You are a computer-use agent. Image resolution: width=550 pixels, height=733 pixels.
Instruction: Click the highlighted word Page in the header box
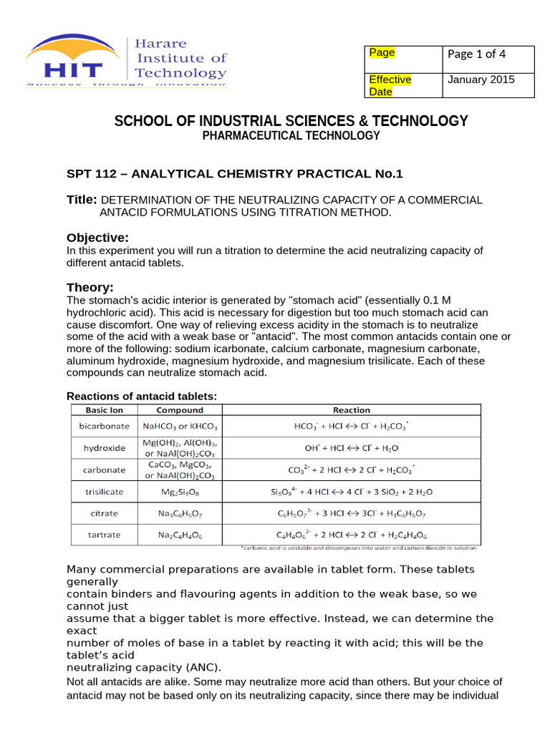382,53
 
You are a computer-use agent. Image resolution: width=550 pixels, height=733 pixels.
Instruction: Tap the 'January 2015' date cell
481,79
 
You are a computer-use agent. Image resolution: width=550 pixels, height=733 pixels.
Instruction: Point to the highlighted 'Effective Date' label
390,85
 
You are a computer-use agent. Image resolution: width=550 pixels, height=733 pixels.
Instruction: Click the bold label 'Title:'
82,200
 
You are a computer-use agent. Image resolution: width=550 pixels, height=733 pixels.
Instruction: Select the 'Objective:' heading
97,237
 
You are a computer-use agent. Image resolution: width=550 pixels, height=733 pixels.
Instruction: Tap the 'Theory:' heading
90,287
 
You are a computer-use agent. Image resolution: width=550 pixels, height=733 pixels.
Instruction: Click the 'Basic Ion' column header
105,410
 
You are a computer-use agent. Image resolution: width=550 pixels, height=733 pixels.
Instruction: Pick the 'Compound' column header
180,410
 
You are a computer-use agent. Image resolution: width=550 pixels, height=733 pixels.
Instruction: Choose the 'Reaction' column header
352,410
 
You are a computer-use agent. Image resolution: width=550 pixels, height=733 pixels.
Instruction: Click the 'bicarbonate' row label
105,426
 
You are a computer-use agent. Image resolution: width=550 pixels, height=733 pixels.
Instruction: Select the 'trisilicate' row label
105,492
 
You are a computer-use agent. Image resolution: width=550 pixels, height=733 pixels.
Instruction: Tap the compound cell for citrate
180,513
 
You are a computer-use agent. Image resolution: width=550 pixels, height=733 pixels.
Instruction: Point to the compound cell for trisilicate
180,492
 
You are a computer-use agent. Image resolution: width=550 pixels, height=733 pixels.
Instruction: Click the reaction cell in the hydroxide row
352,448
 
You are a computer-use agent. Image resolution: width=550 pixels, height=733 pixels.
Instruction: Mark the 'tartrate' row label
105,535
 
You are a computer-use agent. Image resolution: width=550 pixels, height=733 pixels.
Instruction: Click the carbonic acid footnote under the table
359,548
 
